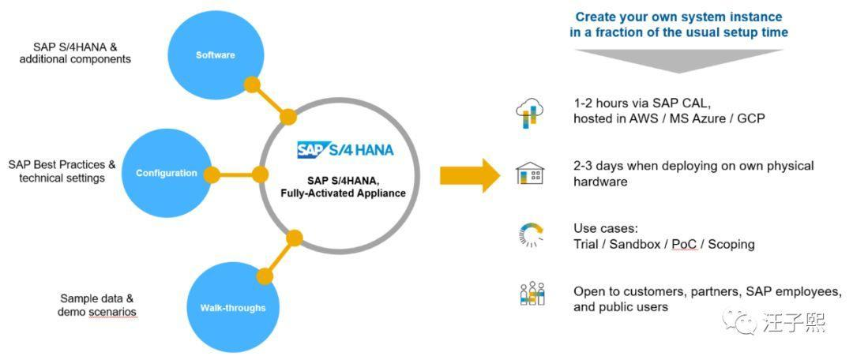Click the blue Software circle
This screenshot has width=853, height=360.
[x=215, y=55]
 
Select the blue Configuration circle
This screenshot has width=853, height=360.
[x=166, y=173]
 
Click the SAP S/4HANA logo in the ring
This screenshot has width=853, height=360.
[x=345, y=150]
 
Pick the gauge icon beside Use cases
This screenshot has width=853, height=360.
[x=529, y=235]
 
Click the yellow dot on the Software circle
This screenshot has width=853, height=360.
[x=252, y=84]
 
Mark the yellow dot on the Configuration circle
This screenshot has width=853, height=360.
[x=211, y=174]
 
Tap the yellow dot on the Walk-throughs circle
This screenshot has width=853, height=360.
[x=265, y=276]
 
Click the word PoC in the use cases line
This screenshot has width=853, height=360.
[x=684, y=244]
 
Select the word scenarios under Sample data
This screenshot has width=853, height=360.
[x=112, y=312]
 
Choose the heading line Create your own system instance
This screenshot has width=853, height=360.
[x=678, y=17]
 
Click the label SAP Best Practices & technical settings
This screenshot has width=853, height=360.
[x=62, y=171]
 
